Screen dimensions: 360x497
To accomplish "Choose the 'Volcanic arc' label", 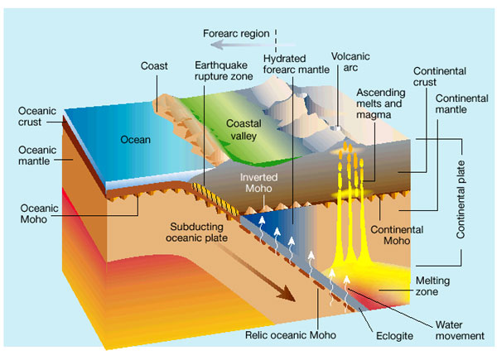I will pos(349,64).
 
